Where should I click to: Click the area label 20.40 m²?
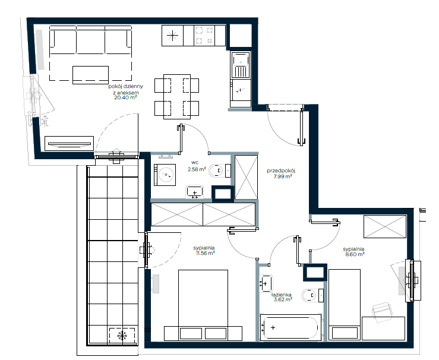click(x=125, y=97)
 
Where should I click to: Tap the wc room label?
click(x=195, y=162)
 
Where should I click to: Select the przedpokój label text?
click(x=281, y=170)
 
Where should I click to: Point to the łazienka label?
click(x=282, y=295)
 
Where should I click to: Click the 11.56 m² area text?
click(x=206, y=253)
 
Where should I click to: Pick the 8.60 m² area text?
click(x=355, y=254)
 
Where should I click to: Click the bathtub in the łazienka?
click(x=290, y=327)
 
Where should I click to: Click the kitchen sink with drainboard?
click(x=241, y=65)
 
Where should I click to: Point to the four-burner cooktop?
click(x=204, y=36)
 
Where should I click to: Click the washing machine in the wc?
click(x=165, y=175)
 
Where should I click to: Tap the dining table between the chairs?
click(x=177, y=97)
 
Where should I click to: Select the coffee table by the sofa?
click(x=90, y=75)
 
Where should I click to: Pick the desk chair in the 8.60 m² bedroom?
click(x=381, y=312)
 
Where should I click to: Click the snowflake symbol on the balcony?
click(x=122, y=335)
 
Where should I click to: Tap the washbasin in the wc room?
click(x=195, y=192)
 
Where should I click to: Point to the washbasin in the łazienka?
click(x=266, y=283)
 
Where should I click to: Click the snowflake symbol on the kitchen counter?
click(x=172, y=36)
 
